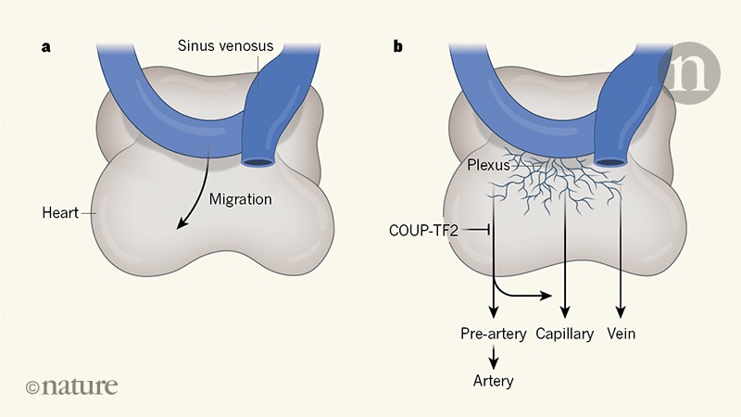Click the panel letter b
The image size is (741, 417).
(397, 45)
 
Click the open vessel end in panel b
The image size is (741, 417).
(611, 162)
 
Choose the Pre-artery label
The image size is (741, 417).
(494, 334)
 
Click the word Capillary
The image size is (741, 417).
(564, 334)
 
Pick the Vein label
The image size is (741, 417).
(621, 334)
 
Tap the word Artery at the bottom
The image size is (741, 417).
(494, 380)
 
